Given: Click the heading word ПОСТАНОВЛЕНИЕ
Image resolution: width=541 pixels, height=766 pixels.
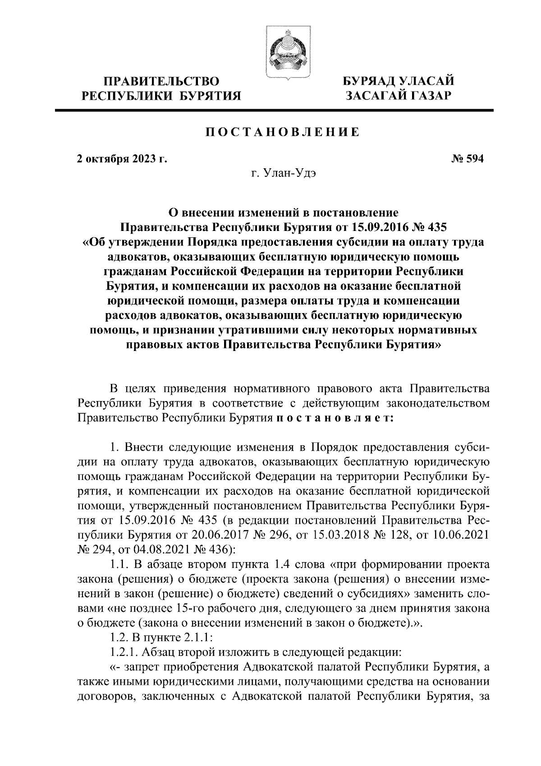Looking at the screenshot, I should pos(283,132).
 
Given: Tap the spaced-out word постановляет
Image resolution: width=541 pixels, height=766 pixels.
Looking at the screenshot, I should pos(335,418).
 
